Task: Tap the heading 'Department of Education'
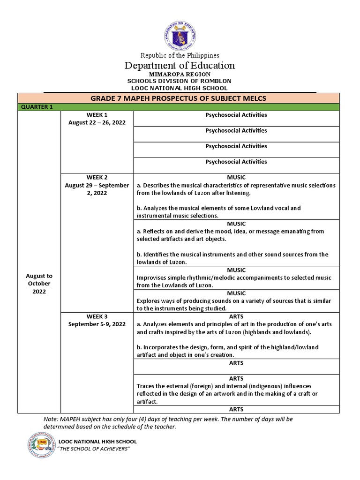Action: coord(180,66)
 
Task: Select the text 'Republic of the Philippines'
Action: coord(180,55)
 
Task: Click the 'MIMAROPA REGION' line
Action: coord(180,74)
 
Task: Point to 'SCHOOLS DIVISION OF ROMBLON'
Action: coord(180,81)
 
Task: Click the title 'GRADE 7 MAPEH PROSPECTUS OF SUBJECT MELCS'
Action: coord(180,98)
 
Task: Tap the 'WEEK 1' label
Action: coord(97,115)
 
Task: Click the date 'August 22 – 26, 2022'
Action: coord(97,122)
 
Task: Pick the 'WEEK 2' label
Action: coord(97,177)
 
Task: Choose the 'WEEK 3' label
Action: coord(97,316)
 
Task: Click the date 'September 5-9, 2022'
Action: coord(97,324)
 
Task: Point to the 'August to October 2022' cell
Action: coord(39,284)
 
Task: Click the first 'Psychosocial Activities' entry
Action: coord(236,115)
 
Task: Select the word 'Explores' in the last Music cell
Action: coord(149,301)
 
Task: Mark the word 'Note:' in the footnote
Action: coord(51,419)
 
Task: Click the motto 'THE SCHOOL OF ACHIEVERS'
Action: coord(93,449)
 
